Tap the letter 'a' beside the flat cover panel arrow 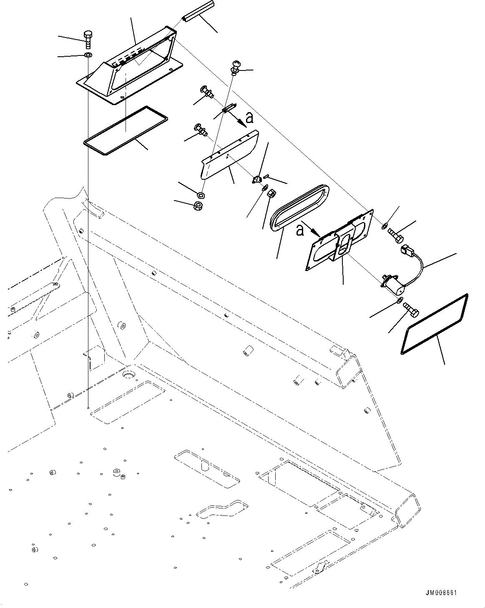tap(250, 118)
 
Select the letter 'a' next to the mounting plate tap(300, 229)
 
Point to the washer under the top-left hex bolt tap(88, 55)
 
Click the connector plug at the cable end tap(406, 251)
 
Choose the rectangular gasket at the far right tap(434, 324)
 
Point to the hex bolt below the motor tap(412, 309)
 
